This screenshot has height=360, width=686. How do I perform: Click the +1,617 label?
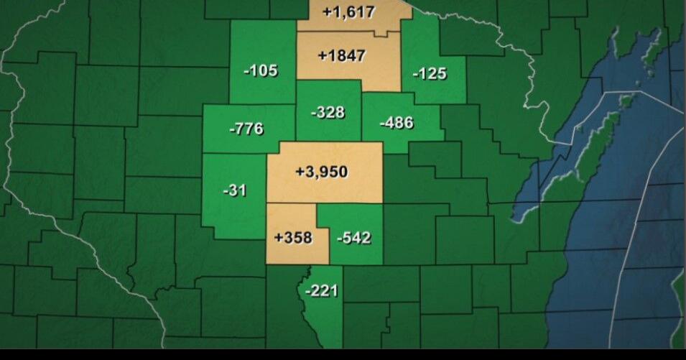(349, 12)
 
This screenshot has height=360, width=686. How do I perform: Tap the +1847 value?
(342, 55)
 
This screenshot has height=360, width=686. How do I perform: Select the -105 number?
(260, 70)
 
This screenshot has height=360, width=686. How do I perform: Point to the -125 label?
(430, 73)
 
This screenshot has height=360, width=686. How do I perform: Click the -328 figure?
(328, 113)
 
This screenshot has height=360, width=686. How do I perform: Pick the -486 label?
(397, 122)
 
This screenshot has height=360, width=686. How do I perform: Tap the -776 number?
(246, 129)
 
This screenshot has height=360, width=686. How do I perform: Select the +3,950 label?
(321, 172)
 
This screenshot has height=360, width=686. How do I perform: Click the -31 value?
(235, 190)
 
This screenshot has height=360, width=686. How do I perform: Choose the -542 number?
(353, 237)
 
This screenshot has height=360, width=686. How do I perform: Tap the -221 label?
(320, 291)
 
